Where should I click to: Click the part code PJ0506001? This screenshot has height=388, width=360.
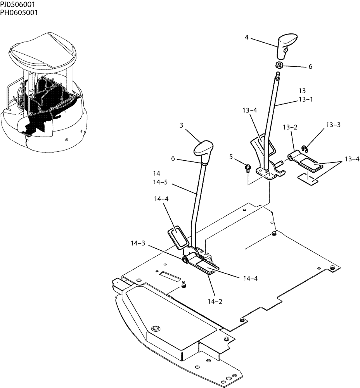point(19,5)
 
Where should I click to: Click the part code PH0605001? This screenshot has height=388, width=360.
point(19,12)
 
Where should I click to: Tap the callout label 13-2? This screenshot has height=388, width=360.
point(290,127)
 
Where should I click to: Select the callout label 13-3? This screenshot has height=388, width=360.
point(333,125)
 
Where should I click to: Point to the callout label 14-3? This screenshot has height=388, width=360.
point(138,243)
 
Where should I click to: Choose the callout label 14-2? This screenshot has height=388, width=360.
point(214,301)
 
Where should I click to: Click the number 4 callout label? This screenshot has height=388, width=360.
point(247,37)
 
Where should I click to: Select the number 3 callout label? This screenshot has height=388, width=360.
point(182,125)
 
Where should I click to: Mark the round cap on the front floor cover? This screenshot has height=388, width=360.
point(156,329)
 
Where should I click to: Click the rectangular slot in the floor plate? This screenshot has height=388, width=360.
point(170,276)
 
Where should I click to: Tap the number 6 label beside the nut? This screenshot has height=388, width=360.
point(310,67)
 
